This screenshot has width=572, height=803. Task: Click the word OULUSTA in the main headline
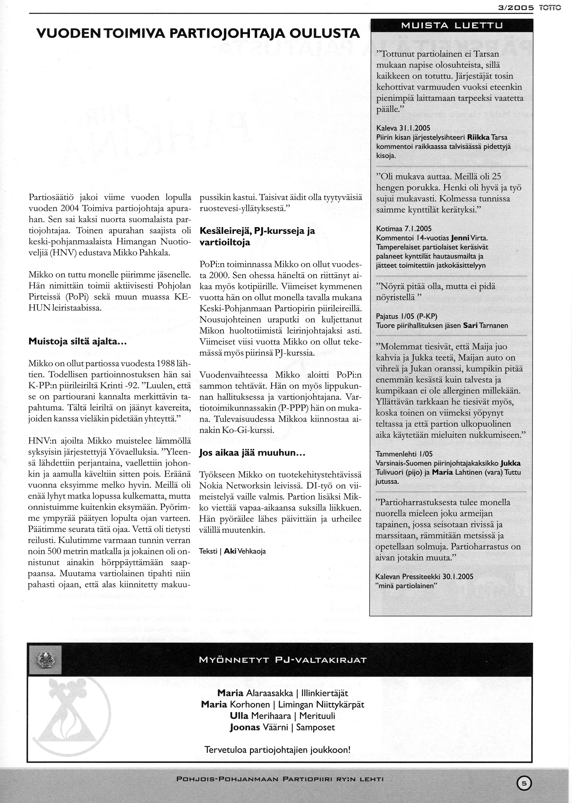pyautogui.click(x=324, y=34)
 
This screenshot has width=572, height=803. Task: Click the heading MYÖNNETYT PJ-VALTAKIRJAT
pyautogui.click(x=283, y=660)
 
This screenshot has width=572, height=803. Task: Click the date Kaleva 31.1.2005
pyautogui.click(x=403, y=128)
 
